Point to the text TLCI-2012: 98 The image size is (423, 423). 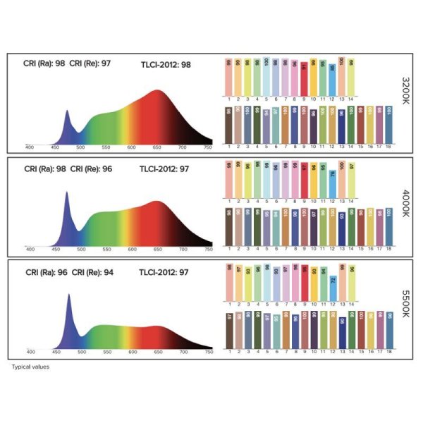pos(166,66)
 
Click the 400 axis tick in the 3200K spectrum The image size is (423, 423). pos(30,147)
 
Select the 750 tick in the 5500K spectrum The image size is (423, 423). pos(208,350)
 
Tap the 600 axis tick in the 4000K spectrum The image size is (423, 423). pos(131,249)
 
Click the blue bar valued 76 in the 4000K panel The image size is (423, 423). pos(332,181)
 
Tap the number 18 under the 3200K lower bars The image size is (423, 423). pos(389,146)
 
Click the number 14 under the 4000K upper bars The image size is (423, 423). pos(352,202)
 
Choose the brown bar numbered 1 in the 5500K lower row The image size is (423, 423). pos(230,329)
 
